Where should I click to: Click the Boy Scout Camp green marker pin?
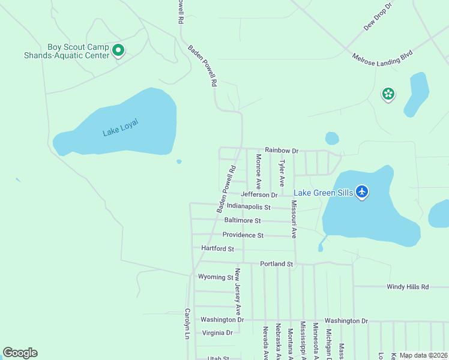coord(119,51)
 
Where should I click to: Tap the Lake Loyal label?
coord(120,128)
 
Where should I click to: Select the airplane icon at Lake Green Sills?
coord(361,192)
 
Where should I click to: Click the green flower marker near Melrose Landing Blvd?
coord(388,94)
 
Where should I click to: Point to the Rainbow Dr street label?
coord(282,151)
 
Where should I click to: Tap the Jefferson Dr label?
coord(259,194)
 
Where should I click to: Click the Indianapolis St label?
coord(249,207)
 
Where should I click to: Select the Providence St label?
coord(243,235)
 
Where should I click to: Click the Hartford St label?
coord(217,248)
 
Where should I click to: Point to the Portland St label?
coord(276,264)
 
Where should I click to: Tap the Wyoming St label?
coord(215,277)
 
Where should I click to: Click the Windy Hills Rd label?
coord(408,287)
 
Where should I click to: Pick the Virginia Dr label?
coord(217,332)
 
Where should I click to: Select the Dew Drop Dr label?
coord(377,16)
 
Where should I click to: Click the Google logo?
coord(20,353)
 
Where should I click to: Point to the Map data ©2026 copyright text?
coord(423,355)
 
